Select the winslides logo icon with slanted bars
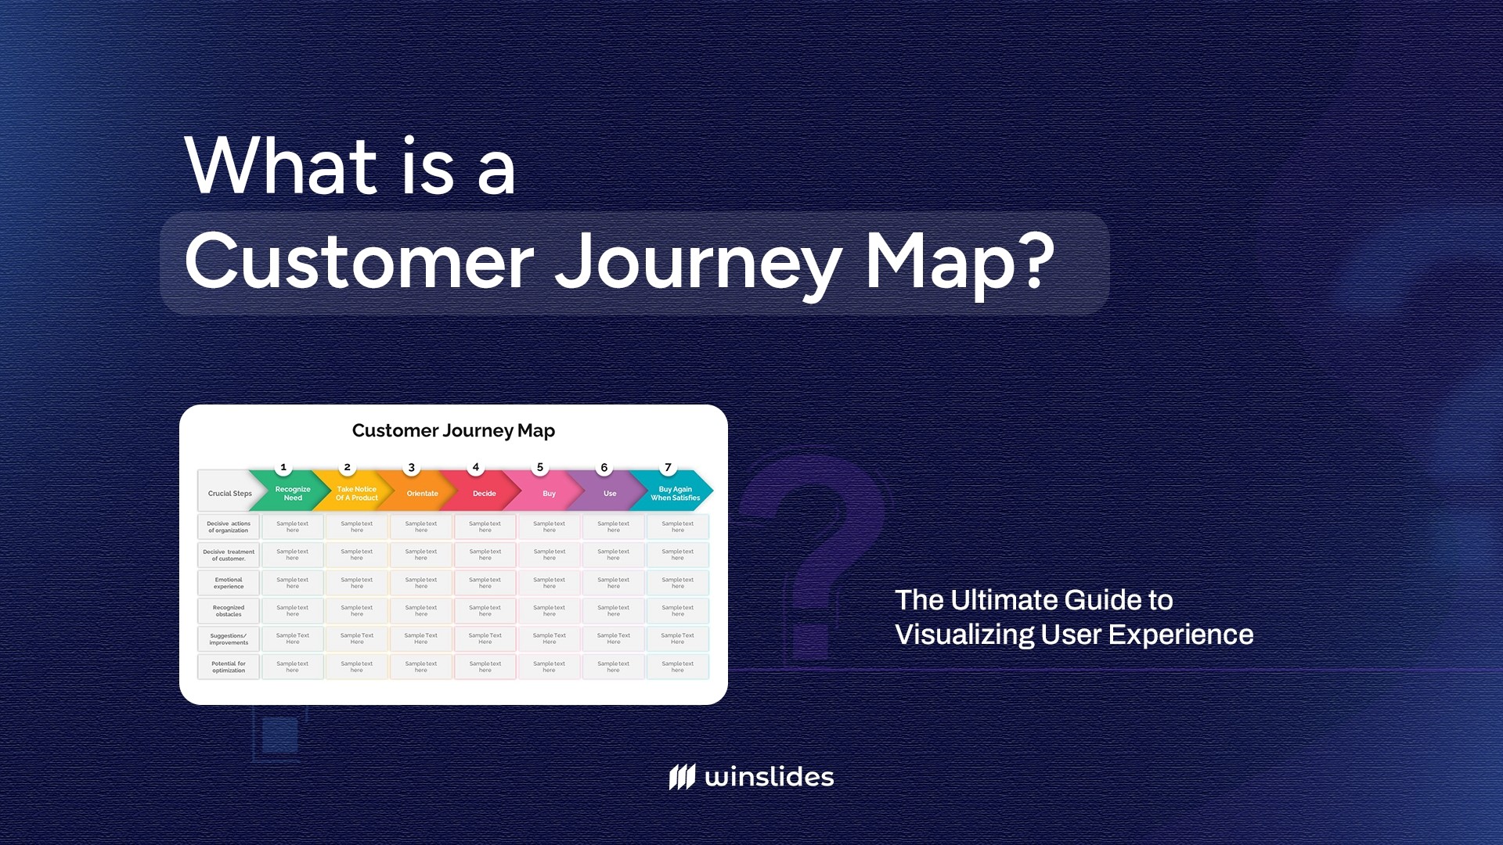pos(682,777)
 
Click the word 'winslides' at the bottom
pos(769,777)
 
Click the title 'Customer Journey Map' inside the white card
pos(453,430)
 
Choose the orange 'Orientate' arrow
pos(422,493)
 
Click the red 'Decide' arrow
pos(484,493)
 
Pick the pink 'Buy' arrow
pos(549,493)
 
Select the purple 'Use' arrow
pos(610,493)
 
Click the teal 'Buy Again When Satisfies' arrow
pos(675,493)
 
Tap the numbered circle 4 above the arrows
pos(475,467)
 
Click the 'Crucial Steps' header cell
pos(229,493)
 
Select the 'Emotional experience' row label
pos(229,583)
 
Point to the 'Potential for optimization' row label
pos(229,667)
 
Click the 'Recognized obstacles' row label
pos(229,610)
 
